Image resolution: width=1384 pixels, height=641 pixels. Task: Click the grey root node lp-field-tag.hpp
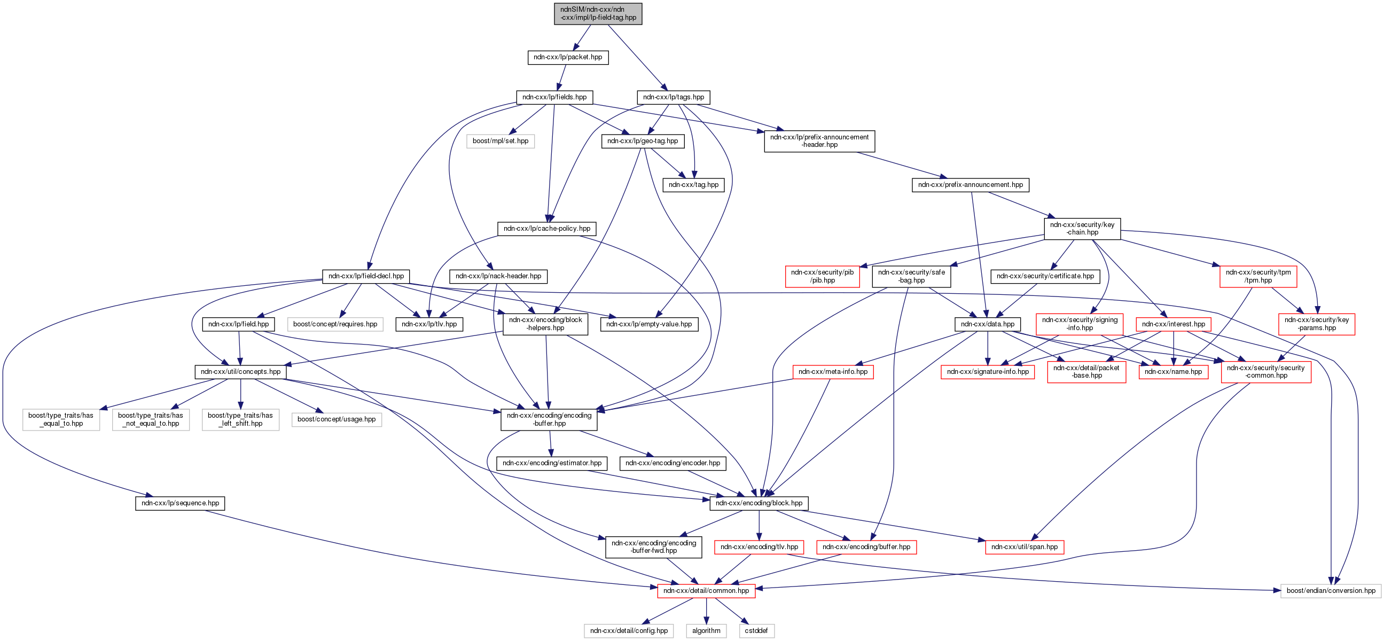(598, 13)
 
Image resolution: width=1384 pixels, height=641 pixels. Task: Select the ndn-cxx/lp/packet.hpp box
(568, 58)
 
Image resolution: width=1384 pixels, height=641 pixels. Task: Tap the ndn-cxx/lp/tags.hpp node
(673, 97)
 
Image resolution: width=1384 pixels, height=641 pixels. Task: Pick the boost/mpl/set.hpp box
(500, 142)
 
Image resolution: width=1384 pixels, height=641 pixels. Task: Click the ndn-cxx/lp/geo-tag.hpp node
(643, 142)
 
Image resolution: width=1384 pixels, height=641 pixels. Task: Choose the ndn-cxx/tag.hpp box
(694, 185)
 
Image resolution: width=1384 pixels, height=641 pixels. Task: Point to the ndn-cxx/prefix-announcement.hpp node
(971, 185)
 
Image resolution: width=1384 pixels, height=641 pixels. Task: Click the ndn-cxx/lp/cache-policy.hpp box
(546, 229)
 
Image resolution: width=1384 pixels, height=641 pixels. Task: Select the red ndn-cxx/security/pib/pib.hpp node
(822, 276)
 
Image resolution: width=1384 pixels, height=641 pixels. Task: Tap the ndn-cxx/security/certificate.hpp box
(1045, 276)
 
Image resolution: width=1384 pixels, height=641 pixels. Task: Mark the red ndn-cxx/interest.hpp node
(1174, 325)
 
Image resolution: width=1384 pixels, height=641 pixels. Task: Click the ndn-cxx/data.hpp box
(988, 325)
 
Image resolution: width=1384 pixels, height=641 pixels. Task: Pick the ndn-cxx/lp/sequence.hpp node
(180, 503)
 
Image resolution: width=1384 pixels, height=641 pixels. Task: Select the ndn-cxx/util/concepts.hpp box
(240, 372)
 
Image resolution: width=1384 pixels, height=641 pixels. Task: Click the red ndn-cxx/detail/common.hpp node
(706, 591)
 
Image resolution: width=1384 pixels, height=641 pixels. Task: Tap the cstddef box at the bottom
(756, 631)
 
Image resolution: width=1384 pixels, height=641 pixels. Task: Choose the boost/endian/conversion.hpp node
(1331, 591)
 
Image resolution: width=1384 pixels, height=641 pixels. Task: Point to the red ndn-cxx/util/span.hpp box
(1024, 547)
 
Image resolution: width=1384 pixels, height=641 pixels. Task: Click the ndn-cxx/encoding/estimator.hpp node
(552, 463)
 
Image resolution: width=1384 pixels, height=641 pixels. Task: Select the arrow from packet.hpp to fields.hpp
(562, 77)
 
